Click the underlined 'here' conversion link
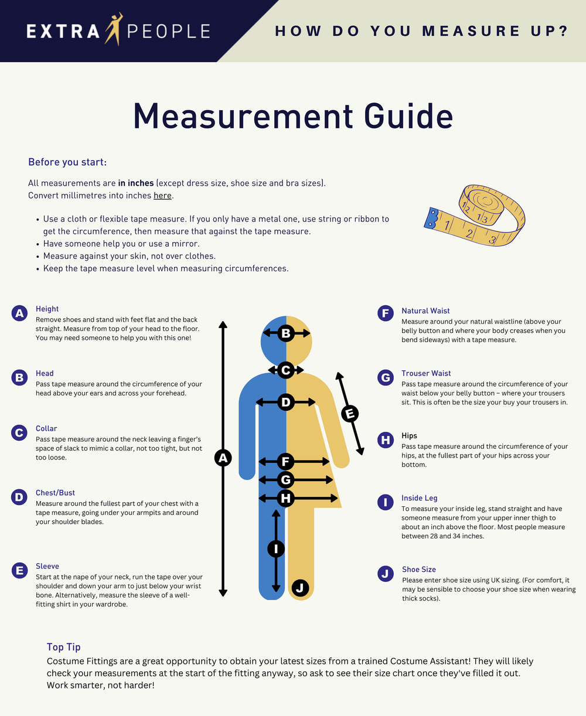pos(162,195)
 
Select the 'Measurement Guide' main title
pos(293,115)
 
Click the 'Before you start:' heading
pos(67,162)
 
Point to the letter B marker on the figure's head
pos(286,333)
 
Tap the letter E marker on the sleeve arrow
pos(350,414)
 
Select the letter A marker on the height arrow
pos(223,458)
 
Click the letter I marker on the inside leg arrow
pos(276,548)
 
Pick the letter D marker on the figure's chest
pos(286,402)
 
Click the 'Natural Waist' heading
pos(425,311)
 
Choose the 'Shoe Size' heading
pos(418,570)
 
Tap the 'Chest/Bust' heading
pos(55,493)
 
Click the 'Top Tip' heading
pos(64,647)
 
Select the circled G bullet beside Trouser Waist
pos(386,378)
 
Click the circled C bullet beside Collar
pos(20,433)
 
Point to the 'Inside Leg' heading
pos(419,498)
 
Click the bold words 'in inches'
pos(136,183)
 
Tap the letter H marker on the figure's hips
pos(286,499)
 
